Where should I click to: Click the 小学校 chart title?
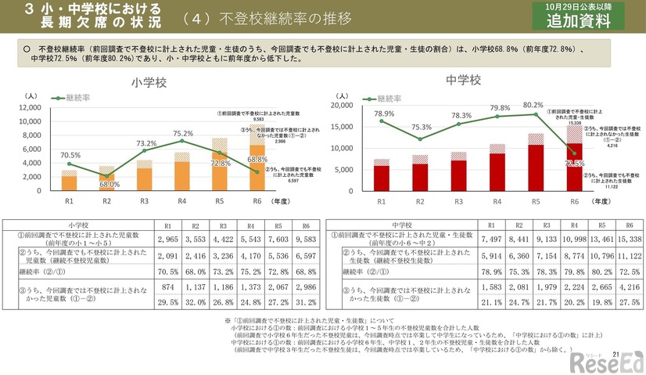(x=148, y=81)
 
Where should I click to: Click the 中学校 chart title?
(x=463, y=81)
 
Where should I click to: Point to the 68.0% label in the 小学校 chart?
(x=109, y=184)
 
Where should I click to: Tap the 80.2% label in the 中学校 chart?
(x=533, y=104)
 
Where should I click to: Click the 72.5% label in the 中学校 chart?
(x=573, y=163)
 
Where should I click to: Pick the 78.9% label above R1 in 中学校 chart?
(x=384, y=114)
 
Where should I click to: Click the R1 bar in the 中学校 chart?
(x=381, y=175)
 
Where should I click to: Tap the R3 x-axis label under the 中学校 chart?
(x=458, y=201)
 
